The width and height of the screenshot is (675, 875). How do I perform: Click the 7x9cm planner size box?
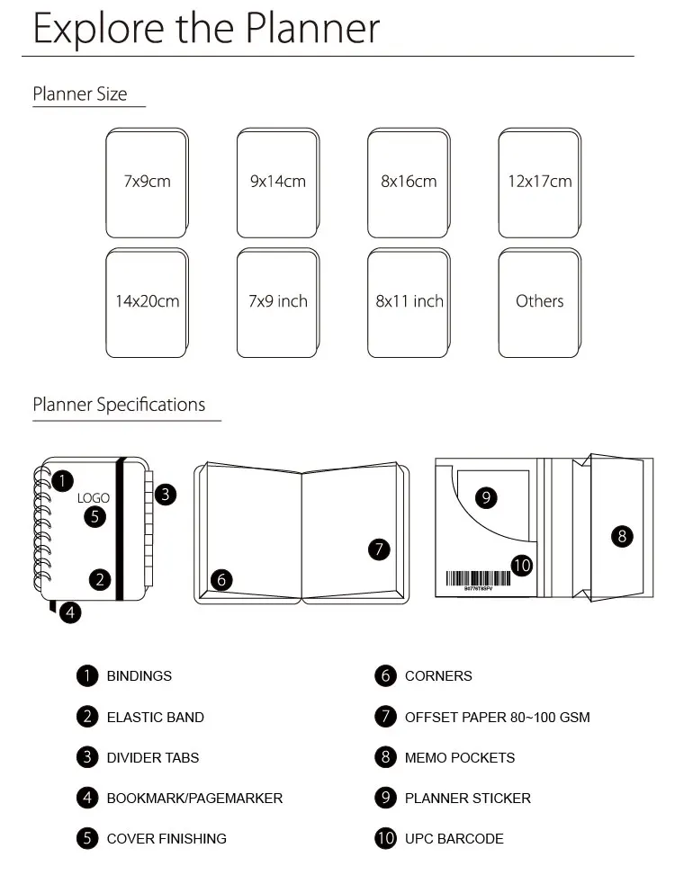coord(148,183)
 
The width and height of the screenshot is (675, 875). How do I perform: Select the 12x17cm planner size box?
coord(540,183)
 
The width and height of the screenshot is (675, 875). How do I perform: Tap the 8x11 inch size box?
coord(409,302)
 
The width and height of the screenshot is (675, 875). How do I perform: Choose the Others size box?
coord(540,302)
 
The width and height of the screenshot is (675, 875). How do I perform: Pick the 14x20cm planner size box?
coord(148,302)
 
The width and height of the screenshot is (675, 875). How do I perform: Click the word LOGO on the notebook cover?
coord(94,498)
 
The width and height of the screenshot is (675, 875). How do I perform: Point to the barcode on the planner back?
coord(478,578)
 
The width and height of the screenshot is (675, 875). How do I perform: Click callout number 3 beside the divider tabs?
coord(166,495)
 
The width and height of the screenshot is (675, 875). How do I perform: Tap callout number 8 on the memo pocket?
coord(622,536)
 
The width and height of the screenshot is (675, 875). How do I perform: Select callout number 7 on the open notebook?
coord(379,549)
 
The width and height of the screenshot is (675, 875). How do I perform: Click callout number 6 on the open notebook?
coord(221,580)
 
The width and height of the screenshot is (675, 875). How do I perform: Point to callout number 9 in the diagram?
coord(486,497)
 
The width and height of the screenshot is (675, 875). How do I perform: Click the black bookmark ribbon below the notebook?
coord(52,606)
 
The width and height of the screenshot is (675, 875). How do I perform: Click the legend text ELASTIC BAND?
coord(155,717)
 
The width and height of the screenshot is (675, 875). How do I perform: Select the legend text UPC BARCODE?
coord(454,839)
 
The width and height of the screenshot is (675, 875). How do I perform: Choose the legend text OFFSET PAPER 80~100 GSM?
coord(498,717)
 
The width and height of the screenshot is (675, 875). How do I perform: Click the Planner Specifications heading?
coord(119,405)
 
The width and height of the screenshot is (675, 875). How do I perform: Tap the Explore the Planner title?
coord(206,28)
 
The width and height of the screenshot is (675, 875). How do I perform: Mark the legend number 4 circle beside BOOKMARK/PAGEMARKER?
coord(87,798)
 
